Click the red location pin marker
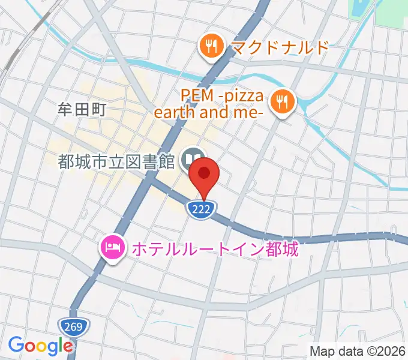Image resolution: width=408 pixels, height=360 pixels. click(x=204, y=174)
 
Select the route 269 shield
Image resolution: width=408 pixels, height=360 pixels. click(x=74, y=326)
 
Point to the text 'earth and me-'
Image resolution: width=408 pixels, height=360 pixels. click(x=210, y=112)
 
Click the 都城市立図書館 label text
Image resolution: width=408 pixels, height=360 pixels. click(x=116, y=161)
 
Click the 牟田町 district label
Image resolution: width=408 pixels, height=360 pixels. click(x=86, y=110)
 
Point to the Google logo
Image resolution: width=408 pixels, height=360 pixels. click(x=40, y=346)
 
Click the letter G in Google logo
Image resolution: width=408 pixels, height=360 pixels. click(x=16, y=345)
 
